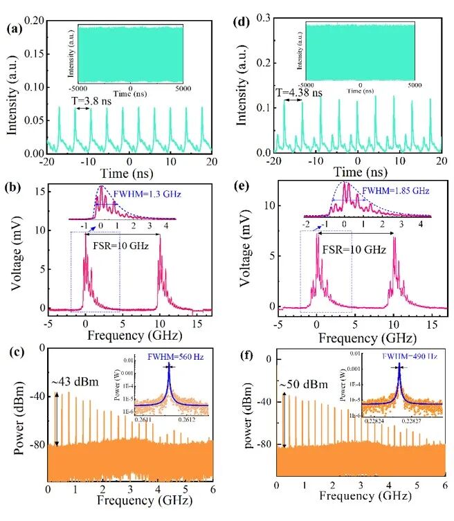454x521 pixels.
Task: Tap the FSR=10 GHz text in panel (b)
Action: pyautogui.click(x=116, y=243)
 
